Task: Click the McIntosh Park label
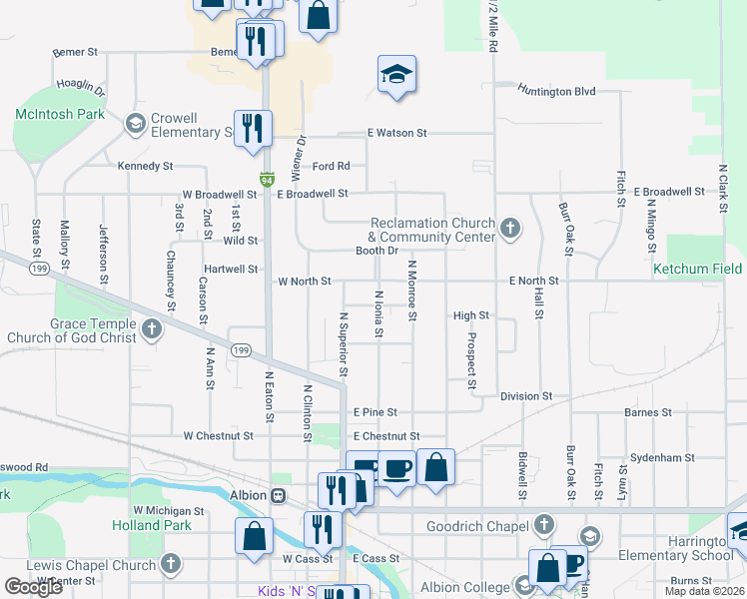click(60, 115)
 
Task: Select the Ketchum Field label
click(698, 270)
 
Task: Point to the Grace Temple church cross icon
click(152, 329)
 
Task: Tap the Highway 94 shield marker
click(267, 180)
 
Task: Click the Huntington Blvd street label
click(556, 91)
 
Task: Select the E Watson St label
click(396, 133)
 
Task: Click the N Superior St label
click(343, 344)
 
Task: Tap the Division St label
click(526, 396)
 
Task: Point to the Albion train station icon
click(279, 495)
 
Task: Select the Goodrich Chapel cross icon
click(543, 524)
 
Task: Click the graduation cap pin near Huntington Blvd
click(396, 75)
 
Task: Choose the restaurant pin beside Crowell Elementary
click(252, 127)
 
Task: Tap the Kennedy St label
click(146, 166)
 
